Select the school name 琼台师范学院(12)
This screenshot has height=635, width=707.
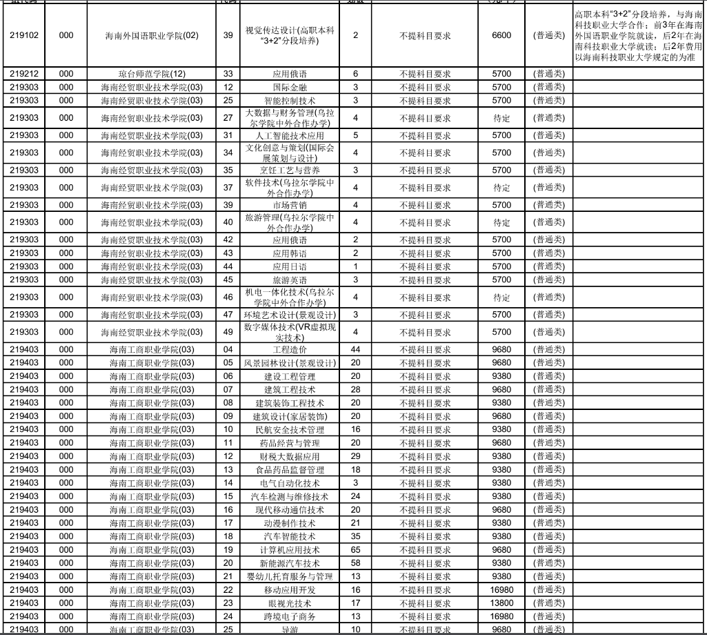(152, 74)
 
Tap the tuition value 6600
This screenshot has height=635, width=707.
(501, 35)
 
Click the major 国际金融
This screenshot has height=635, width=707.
(290, 87)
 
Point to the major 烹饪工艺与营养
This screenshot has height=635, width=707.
(290, 170)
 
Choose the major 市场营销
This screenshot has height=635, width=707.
(290, 205)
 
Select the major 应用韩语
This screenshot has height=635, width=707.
(290, 253)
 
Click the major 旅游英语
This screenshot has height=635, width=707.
(290, 280)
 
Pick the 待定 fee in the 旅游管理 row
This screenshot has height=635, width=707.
(501, 222)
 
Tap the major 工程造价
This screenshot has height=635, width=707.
(290, 349)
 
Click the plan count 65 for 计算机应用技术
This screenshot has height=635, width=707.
(356, 550)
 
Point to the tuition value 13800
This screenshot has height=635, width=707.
(501, 603)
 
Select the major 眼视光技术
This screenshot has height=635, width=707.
(290, 603)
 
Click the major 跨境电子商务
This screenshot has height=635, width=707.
(290, 616)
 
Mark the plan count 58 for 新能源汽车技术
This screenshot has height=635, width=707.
(356, 563)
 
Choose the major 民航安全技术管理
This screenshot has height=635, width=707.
(290, 429)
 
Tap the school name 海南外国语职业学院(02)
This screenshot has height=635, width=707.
(152, 35)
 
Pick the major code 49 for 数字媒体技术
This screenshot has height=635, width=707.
(228, 332)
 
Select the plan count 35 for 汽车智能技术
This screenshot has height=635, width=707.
(356, 536)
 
